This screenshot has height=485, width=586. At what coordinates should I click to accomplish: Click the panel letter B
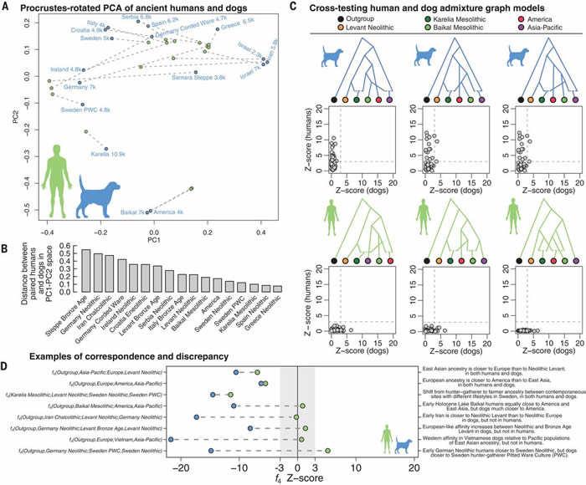click(x=8, y=247)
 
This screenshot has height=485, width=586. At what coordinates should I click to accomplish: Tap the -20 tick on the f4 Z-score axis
click(x=181, y=457)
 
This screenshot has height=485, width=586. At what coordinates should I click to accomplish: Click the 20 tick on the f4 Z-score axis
click(x=414, y=457)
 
